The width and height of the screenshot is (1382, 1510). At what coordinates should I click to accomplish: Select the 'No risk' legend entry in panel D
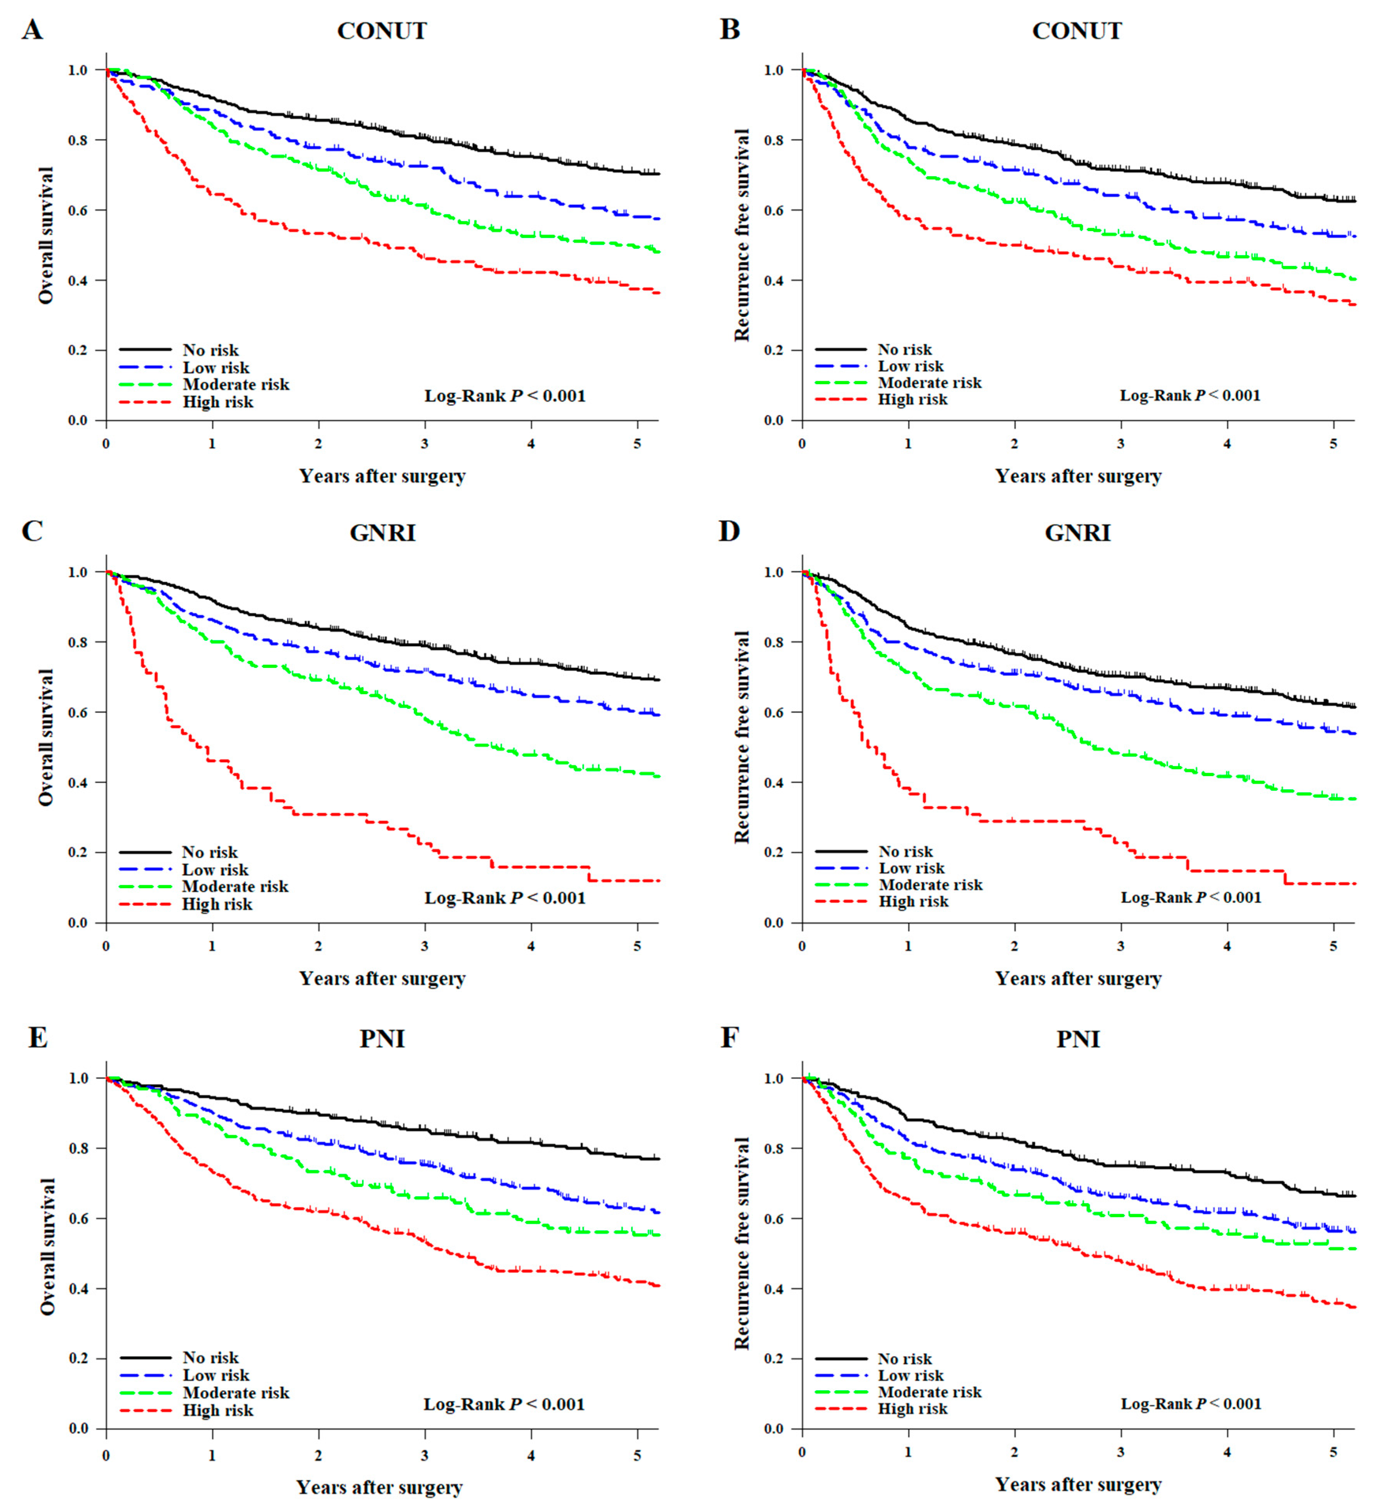point(905,852)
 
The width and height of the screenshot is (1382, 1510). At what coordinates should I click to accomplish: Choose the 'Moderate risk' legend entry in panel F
point(929,1392)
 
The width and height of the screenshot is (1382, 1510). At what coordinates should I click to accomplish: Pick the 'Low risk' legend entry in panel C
point(215,870)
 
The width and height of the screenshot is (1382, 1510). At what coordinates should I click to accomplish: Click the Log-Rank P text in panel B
point(1190,395)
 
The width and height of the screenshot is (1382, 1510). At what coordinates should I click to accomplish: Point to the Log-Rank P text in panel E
point(503,1404)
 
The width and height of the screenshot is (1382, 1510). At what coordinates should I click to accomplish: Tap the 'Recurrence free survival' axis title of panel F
point(742,1243)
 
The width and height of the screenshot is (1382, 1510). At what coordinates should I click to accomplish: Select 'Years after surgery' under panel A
point(382,477)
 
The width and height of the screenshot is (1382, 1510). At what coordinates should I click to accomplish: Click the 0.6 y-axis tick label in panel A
point(78,211)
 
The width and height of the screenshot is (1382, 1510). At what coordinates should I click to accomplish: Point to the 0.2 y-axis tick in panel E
point(78,1359)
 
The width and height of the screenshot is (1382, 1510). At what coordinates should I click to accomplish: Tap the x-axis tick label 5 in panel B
point(1333,443)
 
